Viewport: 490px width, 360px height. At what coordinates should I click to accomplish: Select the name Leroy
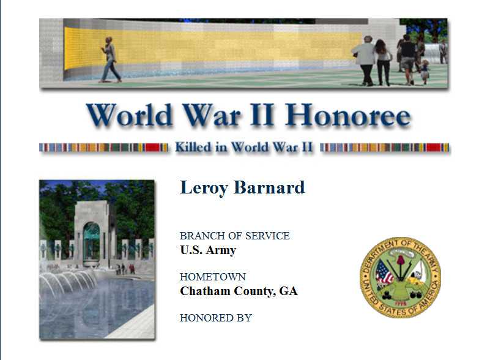204,189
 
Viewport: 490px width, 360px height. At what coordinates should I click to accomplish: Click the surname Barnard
269,187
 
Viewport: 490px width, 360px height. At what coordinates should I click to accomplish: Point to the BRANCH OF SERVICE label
235,236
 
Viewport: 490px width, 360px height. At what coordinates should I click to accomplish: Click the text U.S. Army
208,250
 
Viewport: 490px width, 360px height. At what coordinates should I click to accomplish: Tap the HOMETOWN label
213,277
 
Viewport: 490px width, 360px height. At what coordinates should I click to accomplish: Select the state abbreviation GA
288,291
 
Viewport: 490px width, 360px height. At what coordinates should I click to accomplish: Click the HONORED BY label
216,318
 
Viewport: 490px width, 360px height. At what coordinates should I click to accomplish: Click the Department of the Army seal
400,277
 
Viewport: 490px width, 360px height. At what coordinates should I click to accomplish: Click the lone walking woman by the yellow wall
110,60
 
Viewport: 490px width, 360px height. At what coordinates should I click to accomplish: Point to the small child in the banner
425,72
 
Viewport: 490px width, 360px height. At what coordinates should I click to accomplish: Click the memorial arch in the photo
91,233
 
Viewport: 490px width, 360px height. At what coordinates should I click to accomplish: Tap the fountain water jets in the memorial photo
67,282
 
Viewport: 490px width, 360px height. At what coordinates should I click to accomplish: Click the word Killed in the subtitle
193,147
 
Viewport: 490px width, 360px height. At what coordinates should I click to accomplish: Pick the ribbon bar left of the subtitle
104,148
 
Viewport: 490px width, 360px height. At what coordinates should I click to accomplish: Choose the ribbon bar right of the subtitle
385,148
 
